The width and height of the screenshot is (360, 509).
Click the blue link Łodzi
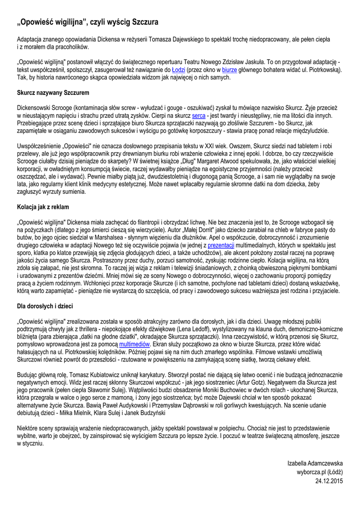point(178,70)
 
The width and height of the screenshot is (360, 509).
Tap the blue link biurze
point(229,70)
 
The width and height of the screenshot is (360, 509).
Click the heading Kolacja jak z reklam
point(43,206)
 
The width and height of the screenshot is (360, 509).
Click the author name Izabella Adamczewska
point(315,463)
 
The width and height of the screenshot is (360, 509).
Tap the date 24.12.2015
point(329,481)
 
